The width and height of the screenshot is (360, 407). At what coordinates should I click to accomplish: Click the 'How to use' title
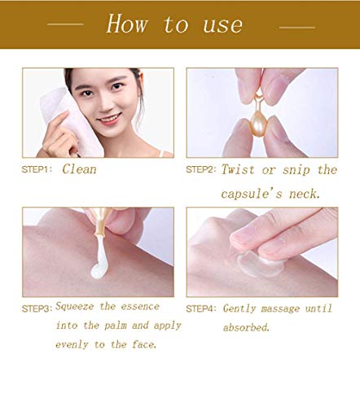174,24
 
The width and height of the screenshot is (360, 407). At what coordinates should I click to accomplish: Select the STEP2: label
202,169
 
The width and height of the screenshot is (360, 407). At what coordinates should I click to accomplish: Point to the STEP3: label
37,309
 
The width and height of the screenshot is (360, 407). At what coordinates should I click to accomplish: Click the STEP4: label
202,309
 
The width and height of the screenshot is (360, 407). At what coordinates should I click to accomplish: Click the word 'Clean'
79,169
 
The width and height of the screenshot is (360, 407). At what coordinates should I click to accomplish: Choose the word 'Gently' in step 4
242,309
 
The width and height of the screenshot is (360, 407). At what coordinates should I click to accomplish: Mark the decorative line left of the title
65,24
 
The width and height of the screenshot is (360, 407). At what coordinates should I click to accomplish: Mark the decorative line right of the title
296,24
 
